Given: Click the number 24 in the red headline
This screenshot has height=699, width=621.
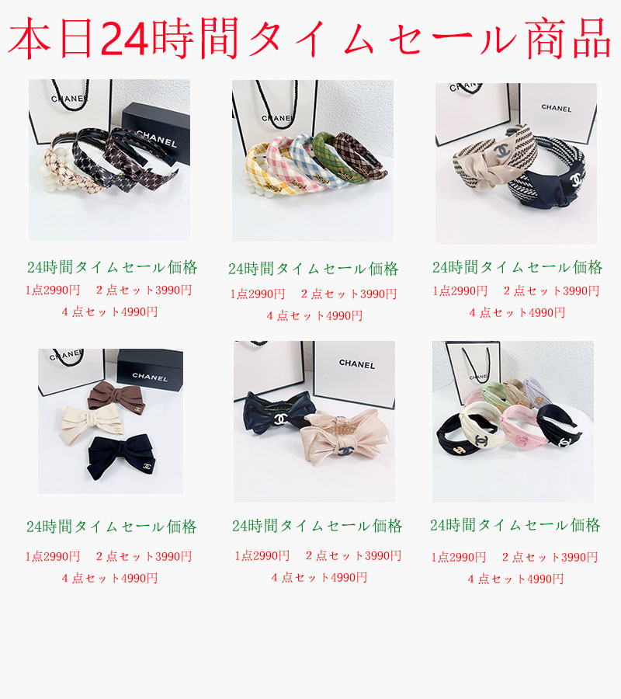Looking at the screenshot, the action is [124, 39].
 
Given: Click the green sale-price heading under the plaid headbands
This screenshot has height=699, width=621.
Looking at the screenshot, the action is [313, 269].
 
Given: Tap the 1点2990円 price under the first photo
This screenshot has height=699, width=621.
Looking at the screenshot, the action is [53, 290].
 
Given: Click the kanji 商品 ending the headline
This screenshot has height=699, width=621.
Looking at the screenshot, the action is [568, 39].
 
